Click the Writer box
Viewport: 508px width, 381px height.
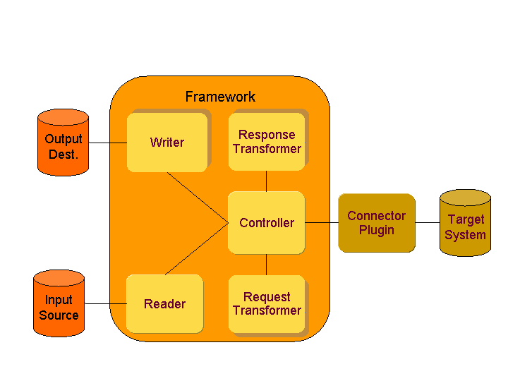[x=167, y=142]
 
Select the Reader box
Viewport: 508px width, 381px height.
[x=164, y=304]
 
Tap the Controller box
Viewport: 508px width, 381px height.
[x=266, y=222]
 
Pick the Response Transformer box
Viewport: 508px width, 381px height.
[x=267, y=141]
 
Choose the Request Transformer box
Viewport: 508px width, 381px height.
[x=267, y=304]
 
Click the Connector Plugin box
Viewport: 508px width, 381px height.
[x=376, y=223]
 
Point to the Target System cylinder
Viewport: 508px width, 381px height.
[x=465, y=224]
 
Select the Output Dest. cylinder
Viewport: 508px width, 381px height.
[x=63, y=144]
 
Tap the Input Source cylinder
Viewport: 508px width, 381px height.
[x=59, y=304]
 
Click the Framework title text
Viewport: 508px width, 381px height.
[x=220, y=97]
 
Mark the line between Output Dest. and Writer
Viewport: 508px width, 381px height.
[x=107, y=143]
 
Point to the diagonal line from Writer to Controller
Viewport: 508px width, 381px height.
[x=197, y=198]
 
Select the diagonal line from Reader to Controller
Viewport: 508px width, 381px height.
[x=197, y=249]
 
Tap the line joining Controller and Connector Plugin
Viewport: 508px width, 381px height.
[x=321, y=222]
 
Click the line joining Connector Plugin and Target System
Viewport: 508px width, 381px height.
[x=427, y=222]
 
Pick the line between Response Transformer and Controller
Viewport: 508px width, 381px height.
[x=266, y=181]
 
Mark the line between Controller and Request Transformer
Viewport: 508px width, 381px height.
[x=266, y=265]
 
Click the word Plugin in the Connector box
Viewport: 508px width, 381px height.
[x=376, y=231]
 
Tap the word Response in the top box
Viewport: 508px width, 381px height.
[x=267, y=135]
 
